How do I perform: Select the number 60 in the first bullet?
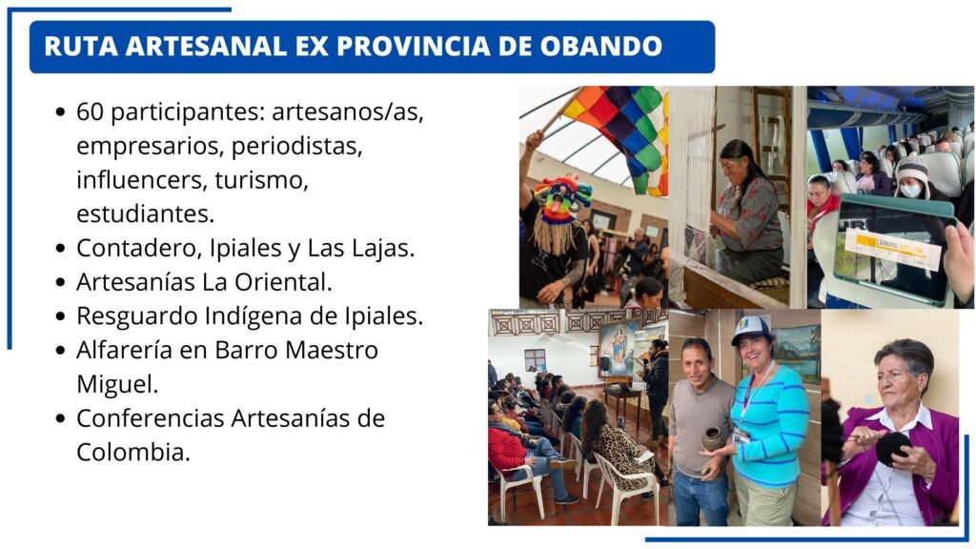click(x=90, y=112)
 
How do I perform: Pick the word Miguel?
click(x=116, y=384)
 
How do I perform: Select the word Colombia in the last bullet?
click(x=132, y=452)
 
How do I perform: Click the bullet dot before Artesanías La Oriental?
click(x=60, y=282)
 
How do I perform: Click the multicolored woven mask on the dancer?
click(x=562, y=199)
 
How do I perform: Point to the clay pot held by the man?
click(x=713, y=438)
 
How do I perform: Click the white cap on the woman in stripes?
click(x=751, y=329)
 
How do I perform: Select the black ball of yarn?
click(x=892, y=448)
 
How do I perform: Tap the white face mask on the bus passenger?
click(x=910, y=191)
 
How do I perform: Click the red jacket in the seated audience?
click(x=507, y=444)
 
